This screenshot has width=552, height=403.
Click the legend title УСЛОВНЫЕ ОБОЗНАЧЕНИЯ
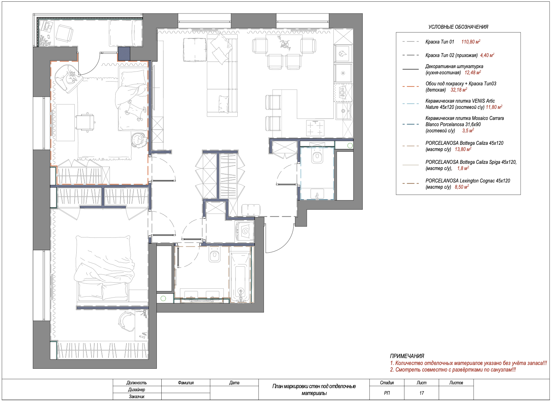pos(458,27)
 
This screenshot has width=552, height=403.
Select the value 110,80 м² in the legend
pos(471,42)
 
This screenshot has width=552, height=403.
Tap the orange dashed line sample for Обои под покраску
pos(411,86)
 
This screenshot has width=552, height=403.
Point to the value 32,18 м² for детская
pos(459,90)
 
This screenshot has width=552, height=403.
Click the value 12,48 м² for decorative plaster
pos(473,73)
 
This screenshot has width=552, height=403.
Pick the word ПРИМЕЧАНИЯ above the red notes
pos(407,356)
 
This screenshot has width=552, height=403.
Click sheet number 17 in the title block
pos(422,393)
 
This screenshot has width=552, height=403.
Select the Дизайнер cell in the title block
pos(136,390)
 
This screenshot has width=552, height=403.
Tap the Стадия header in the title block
pos(387,383)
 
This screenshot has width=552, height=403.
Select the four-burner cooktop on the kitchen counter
pos(315,128)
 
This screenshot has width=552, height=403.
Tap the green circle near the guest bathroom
pos(350,146)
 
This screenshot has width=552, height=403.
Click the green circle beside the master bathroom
pos(163,298)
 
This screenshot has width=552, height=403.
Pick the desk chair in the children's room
pos(85,122)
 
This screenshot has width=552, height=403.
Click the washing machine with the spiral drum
pos(245,231)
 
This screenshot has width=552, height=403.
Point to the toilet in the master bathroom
pos(215,254)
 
